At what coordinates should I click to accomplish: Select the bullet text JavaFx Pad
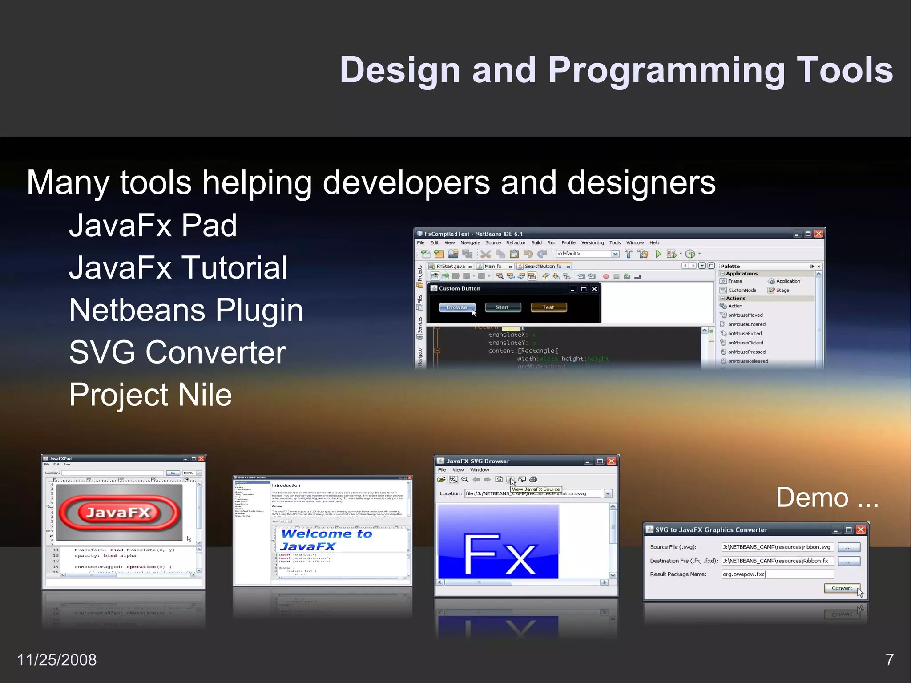[x=153, y=225]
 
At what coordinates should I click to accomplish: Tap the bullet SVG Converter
[x=177, y=352]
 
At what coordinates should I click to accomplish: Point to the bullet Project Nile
[x=150, y=395]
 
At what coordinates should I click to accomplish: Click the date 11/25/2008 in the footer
[x=56, y=659]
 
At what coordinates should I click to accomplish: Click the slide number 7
[x=889, y=659]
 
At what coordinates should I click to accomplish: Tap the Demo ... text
[x=826, y=497]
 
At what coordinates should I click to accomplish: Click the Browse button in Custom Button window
[x=457, y=307]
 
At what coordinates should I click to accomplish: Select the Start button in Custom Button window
[x=502, y=307]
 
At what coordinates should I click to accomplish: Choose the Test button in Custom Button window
[x=548, y=307]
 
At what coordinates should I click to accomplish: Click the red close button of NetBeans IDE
[x=818, y=234]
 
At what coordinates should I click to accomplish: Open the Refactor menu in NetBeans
[x=516, y=243]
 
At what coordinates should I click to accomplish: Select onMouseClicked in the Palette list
[x=745, y=343]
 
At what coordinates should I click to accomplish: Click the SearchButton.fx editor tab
[x=543, y=267]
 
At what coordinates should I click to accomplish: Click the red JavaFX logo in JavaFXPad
[x=119, y=513]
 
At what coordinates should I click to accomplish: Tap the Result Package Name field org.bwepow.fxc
[x=776, y=574]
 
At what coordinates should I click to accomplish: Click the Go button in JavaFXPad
[x=173, y=473]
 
